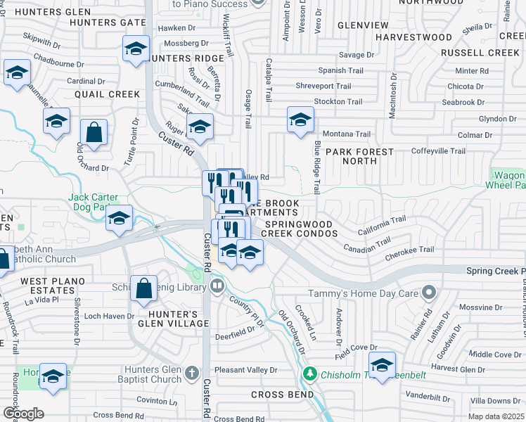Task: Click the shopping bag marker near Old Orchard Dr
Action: [94, 132]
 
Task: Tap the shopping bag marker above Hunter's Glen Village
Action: [143, 288]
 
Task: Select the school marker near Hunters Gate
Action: [136, 49]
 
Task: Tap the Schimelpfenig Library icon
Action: [217, 286]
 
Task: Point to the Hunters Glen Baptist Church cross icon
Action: [193, 371]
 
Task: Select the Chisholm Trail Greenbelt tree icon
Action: [307, 373]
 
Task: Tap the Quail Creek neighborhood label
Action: [107, 94]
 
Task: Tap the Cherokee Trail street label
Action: [410, 250]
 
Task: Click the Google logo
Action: [23, 414]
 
